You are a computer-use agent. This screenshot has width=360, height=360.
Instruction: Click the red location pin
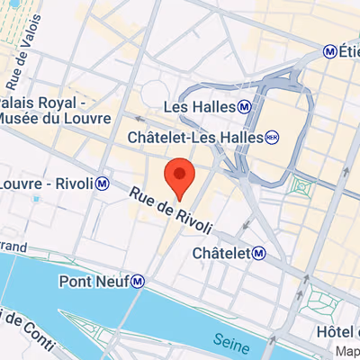(x=180, y=175)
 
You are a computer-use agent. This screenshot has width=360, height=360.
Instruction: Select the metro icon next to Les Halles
(x=245, y=107)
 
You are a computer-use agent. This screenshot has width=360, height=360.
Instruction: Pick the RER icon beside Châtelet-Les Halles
(x=273, y=138)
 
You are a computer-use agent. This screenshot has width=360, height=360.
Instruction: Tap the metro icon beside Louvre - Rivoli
(x=104, y=184)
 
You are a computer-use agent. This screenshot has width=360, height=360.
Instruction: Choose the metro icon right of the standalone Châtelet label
(x=258, y=254)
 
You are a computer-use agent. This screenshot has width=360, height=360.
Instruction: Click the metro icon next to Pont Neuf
(x=138, y=282)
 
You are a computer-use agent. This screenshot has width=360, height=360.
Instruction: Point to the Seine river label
(x=232, y=341)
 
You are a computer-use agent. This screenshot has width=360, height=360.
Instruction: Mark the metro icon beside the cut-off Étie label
(x=329, y=52)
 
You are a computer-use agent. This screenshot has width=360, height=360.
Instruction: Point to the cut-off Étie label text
(x=349, y=52)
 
